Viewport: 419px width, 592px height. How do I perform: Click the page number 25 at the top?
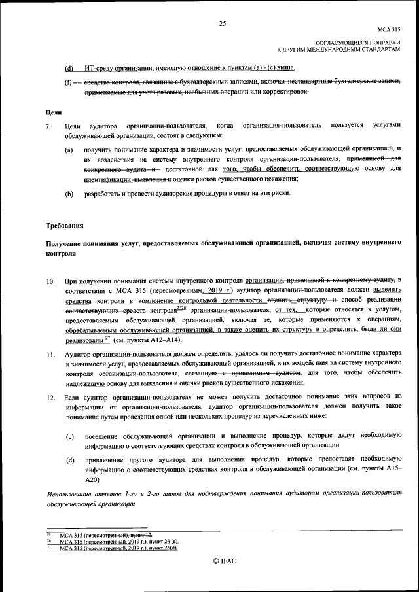tap(222, 24)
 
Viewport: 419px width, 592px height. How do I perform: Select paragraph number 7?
tap(48, 125)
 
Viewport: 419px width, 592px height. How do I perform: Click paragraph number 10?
tap(50, 281)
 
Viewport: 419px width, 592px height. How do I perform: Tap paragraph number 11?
tap(50, 354)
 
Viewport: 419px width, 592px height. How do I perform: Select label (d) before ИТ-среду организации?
tap(69, 68)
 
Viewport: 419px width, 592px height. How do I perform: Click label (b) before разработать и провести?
tap(69, 194)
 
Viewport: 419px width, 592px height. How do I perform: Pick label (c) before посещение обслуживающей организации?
tap(69, 435)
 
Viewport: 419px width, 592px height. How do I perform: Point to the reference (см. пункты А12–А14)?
tap(148, 340)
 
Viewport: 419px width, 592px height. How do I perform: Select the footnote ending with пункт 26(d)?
tap(118, 548)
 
